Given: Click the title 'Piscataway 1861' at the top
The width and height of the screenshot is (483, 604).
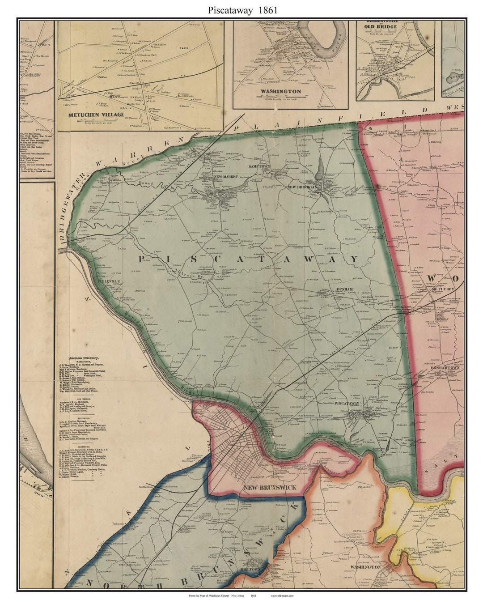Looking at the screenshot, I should [x=241, y=10].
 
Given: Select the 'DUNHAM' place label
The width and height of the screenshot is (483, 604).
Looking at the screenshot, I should [x=343, y=289].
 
